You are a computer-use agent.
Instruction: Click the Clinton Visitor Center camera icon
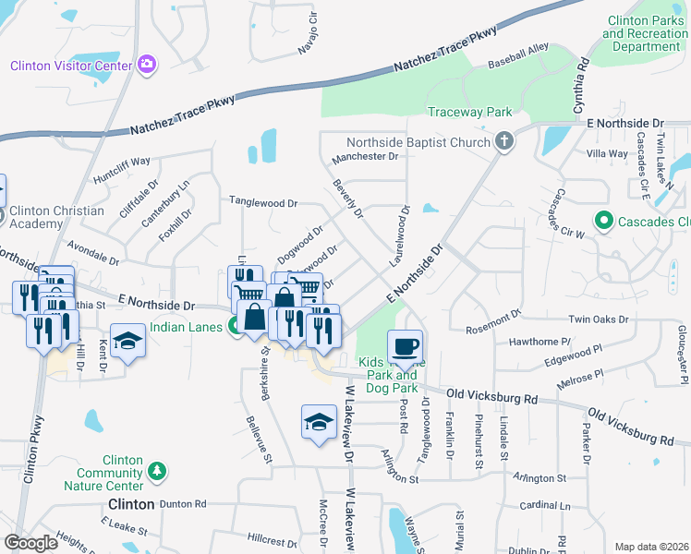pyautogui.click(x=146, y=65)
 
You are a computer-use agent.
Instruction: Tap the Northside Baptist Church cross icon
pyautogui.click(x=503, y=142)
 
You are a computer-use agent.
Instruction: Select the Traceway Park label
pyautogui.click(x=469, y=113)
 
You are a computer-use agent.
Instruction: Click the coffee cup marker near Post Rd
pyautogui.click(x=405, y=347)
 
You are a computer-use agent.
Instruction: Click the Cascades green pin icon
pyautogui.click(x=603, y=222)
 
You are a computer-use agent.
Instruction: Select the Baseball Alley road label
pyautogui.click(x=518, y=56)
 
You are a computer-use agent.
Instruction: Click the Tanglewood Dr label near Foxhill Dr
pyautogui.click(x=263, y=202)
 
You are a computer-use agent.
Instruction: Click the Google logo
pyautogui.click(x=30, y=542)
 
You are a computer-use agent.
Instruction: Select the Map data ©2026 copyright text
pyautogui.click(x=651, y=547)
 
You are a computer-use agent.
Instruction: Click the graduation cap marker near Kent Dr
pyautogui.click(x=127, y=340)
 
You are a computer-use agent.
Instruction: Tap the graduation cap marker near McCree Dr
pyautogui.click(x=319, y=422)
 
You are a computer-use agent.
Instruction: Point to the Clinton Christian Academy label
pyautogui.click(x=57, y=217)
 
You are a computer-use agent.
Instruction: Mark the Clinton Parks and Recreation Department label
pyautogui.click(x=645, y=33)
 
